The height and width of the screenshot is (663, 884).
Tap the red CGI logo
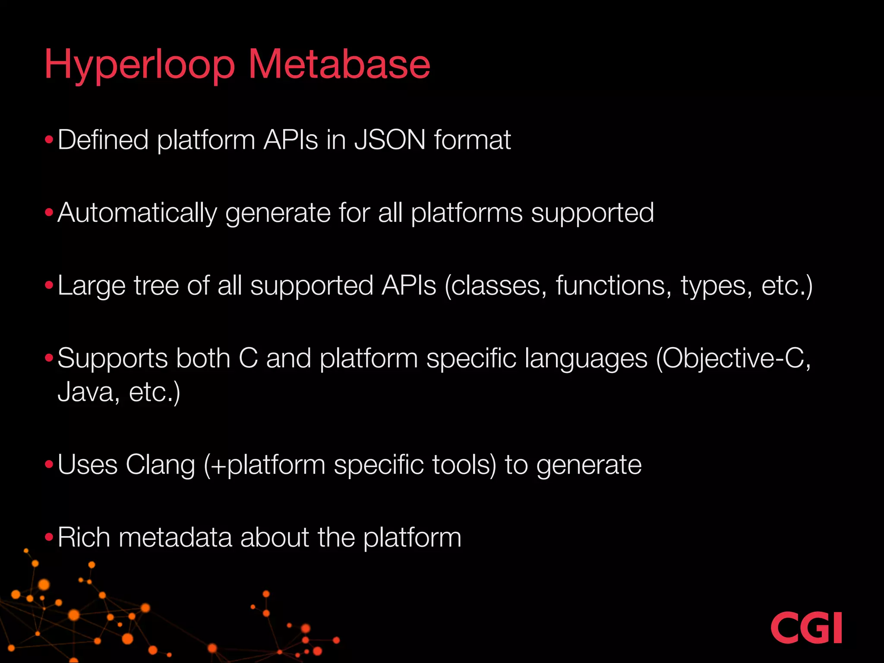click(806, 628)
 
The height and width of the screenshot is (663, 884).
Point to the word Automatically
click(137, 213)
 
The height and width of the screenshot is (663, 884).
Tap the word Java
click(85, 391)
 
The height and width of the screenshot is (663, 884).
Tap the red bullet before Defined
click(49, 140)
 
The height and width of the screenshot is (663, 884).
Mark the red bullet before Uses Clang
click(49, 465)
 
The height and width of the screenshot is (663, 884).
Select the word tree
click(156, 286)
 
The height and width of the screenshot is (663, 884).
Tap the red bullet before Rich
click(49, 537)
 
